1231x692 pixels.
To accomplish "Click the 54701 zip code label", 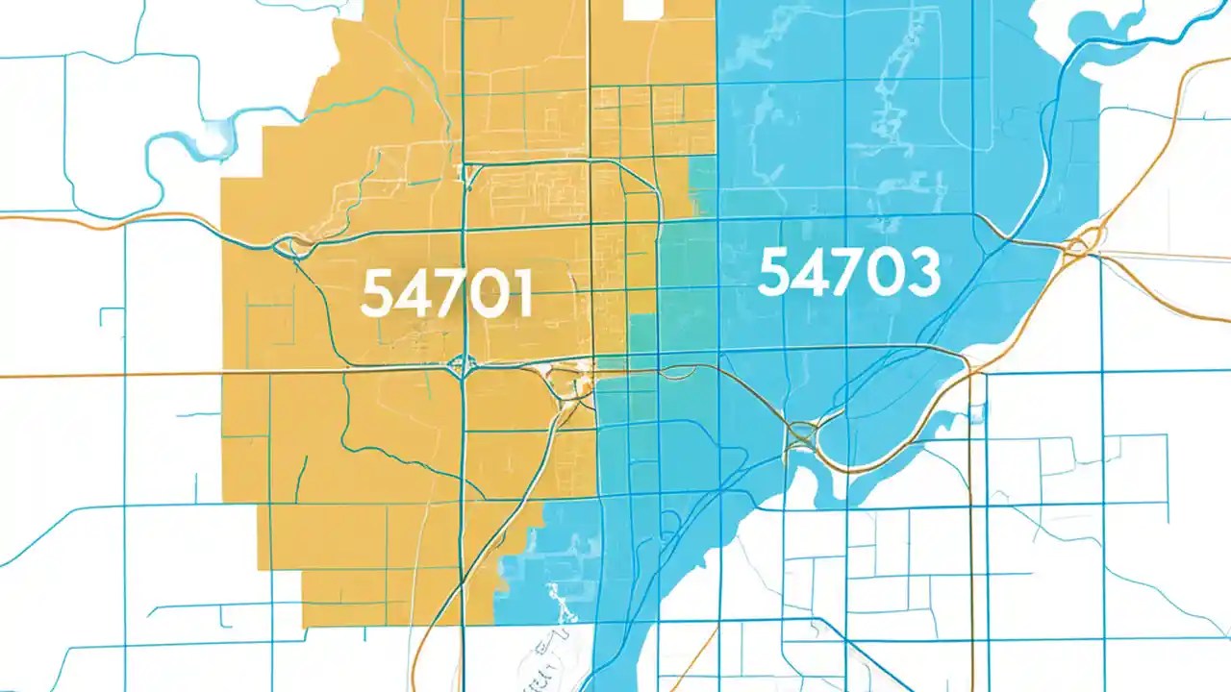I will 446,295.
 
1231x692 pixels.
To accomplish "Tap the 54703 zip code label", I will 848,273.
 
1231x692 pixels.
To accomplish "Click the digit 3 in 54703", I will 921,273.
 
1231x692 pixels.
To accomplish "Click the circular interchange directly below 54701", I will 463,364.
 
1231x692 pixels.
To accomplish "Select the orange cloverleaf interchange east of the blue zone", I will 1079,247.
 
